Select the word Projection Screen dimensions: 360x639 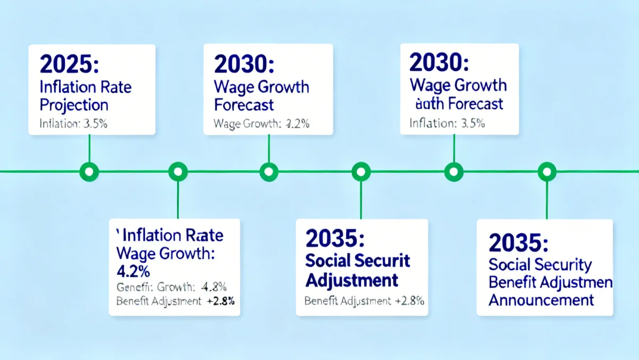click(x=74, y=105)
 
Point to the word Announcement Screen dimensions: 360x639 click(x=540, y=299)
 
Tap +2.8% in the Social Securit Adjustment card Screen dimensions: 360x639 click(x=409, y=301)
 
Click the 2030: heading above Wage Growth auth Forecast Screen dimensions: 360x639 click(x=439, y=63)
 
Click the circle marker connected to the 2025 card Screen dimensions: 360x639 click(x=89, y=171)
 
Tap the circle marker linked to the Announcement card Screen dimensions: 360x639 click(x=546, y=171)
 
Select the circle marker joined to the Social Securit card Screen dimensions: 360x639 click(x=361, y=171)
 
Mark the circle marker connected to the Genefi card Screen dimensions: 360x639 click(x=178, y=171)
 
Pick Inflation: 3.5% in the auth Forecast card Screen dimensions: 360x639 click(x=447, y=124)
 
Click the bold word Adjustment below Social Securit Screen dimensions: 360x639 click(x=351, y=280)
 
